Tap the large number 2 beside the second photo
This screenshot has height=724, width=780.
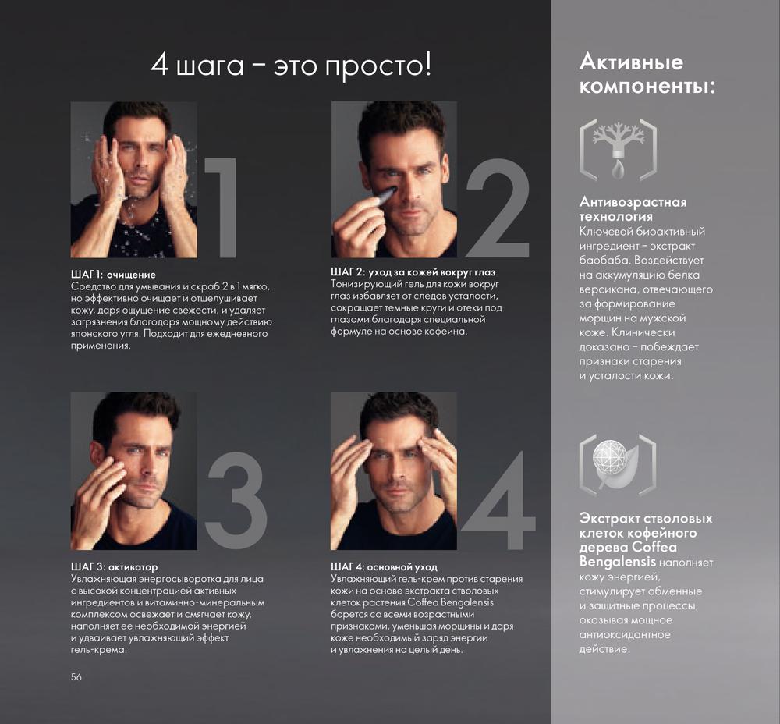(x=498, y=208)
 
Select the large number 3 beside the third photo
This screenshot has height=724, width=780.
(x=237, y=501)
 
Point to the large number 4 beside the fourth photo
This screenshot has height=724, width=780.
(x=499, y=501)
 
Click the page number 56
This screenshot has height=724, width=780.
(x=76, y=676)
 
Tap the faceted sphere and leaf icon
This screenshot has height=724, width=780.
(x=618, y=465)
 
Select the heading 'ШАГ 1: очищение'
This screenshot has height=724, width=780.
(x=113, y=275)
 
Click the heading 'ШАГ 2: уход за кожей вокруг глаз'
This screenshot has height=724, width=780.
(x=413, y=272)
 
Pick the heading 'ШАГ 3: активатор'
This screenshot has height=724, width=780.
(x=114, y=566)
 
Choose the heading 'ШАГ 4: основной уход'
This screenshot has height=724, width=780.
(x=384, y=566)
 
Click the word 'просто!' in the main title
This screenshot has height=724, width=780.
(x=378, y=66)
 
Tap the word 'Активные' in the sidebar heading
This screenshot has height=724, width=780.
(x=631, y=62)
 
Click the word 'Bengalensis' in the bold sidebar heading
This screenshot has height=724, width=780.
(x=617, y=563)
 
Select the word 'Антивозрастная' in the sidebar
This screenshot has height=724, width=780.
(x=633, y=202)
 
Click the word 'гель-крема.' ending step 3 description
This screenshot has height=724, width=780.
(x=99, y=650)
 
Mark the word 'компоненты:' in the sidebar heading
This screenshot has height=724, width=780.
(x=647, y=87)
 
